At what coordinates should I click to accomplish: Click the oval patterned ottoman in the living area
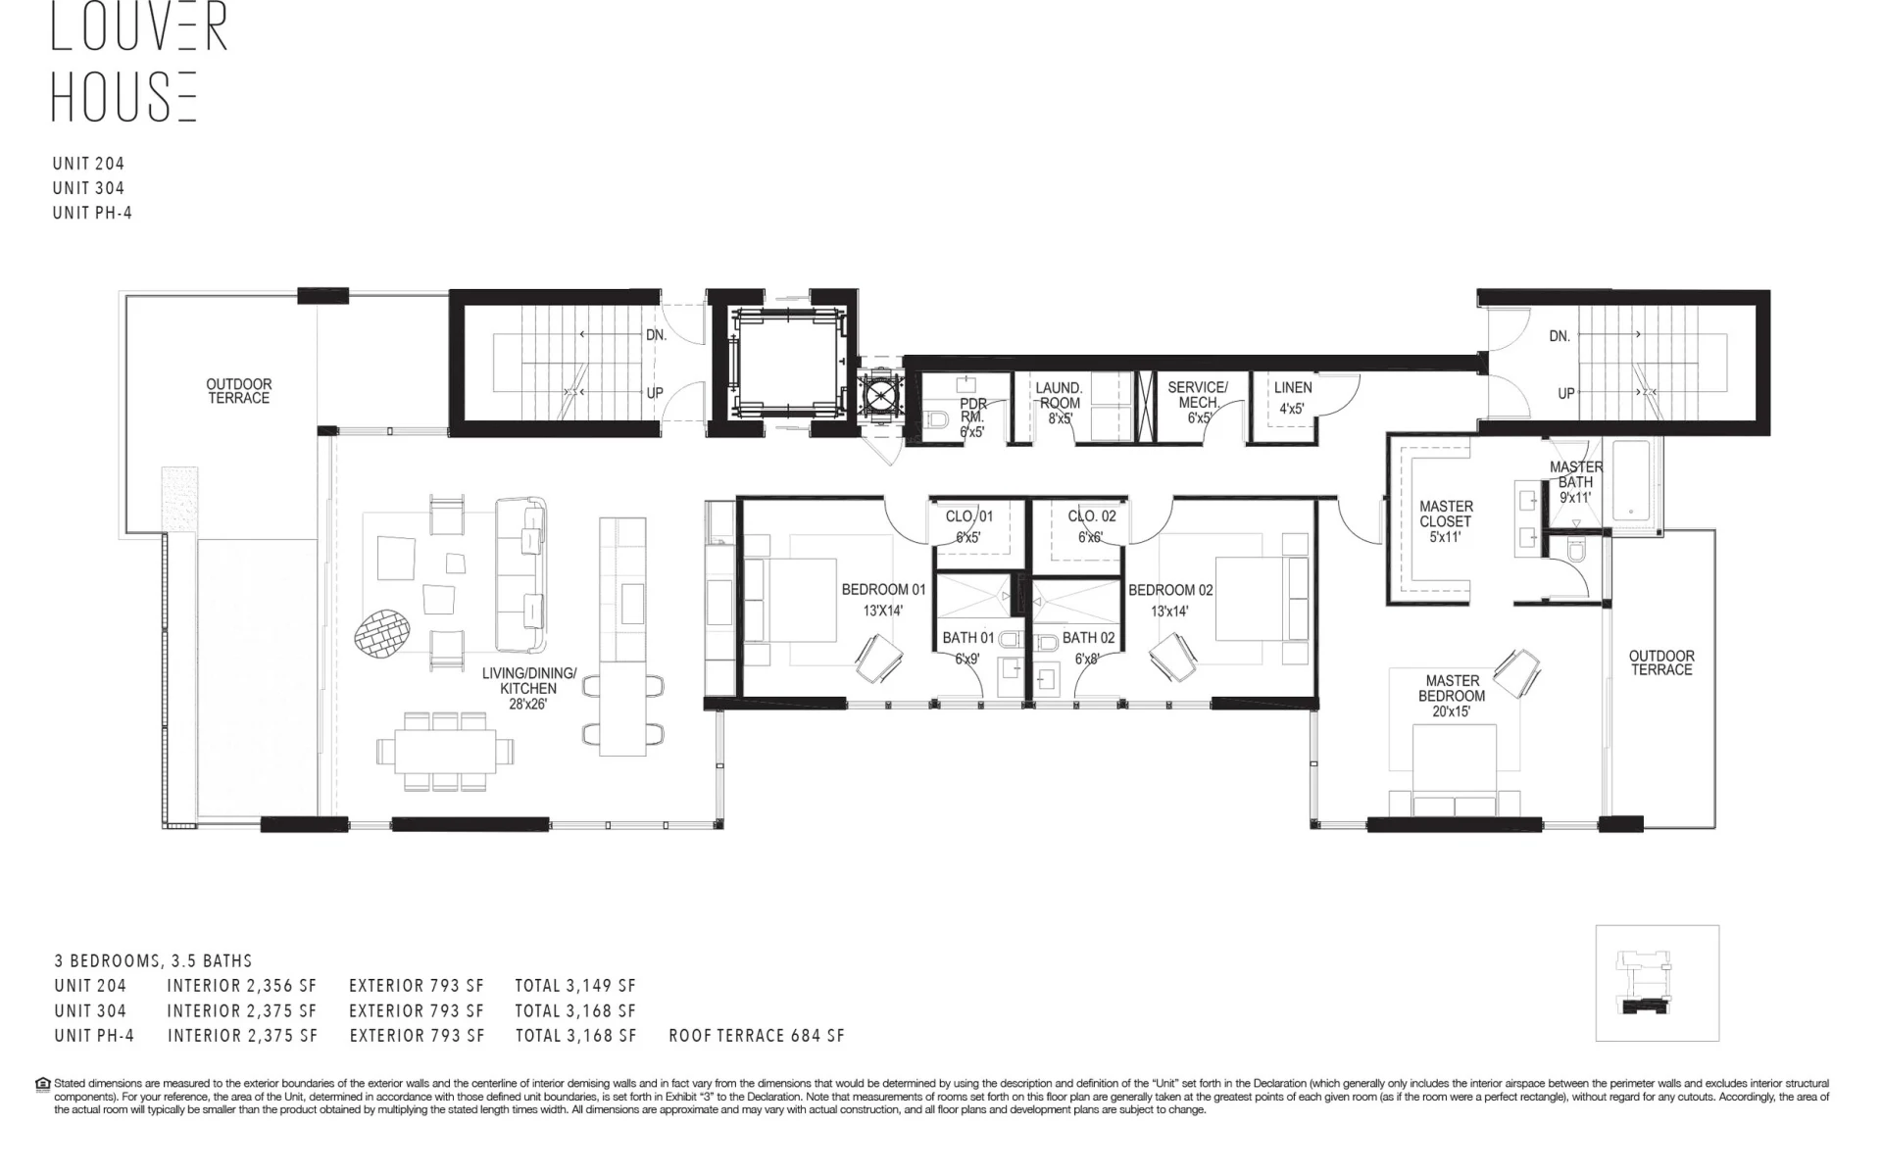point(382,631)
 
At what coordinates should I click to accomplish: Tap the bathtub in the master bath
point(1633,486)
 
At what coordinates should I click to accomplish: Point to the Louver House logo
point(139,61)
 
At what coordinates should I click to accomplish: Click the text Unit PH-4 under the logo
point(92,213)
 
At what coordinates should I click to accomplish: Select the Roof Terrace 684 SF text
point(756,1035)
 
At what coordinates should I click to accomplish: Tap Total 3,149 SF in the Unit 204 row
point(575,986)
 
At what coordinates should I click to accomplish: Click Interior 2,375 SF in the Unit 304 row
point(242,1010)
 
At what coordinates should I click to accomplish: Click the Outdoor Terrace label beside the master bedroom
point(1661,663)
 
